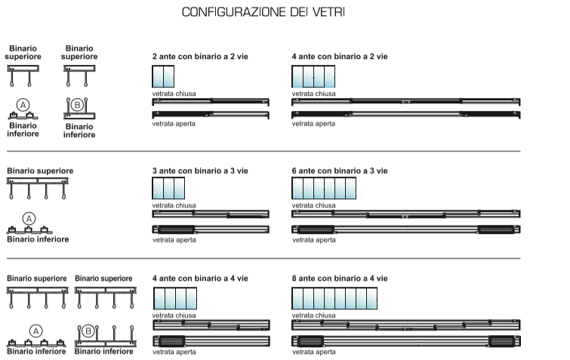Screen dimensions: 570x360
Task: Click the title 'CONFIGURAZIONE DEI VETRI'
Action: pos(263,12)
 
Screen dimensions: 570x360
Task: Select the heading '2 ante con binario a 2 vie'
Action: pos(200,57)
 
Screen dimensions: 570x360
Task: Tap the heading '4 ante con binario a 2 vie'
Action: pos(340,57)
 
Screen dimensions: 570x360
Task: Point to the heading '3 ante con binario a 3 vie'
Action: pos(200,171)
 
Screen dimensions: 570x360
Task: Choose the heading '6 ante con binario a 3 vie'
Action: pos(340,171)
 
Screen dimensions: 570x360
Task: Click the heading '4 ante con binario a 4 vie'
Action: pos(200,278)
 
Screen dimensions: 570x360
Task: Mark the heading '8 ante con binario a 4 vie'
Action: pos(340,278)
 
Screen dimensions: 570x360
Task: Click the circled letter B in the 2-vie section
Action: pos(77,105)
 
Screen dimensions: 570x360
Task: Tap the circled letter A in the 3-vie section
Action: pos(29,219)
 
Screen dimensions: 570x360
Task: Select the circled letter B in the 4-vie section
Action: pos(88,331)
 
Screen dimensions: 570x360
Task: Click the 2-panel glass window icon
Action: pos(163,76)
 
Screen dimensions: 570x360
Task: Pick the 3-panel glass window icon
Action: pos(168,188)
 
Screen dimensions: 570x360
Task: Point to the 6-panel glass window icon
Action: pos(324,188)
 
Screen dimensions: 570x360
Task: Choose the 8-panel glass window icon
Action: pos(334,298)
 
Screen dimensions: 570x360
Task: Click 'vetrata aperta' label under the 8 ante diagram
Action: pos(314,352)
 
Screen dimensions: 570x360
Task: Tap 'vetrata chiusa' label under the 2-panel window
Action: pos(174,94)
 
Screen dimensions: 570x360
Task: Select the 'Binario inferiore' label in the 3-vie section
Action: pos(38,239)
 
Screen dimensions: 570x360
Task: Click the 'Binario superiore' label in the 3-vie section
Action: pos(40,171)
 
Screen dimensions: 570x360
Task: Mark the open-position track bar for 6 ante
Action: pos(406,229)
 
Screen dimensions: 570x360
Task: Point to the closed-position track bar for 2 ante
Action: pos(211,101)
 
